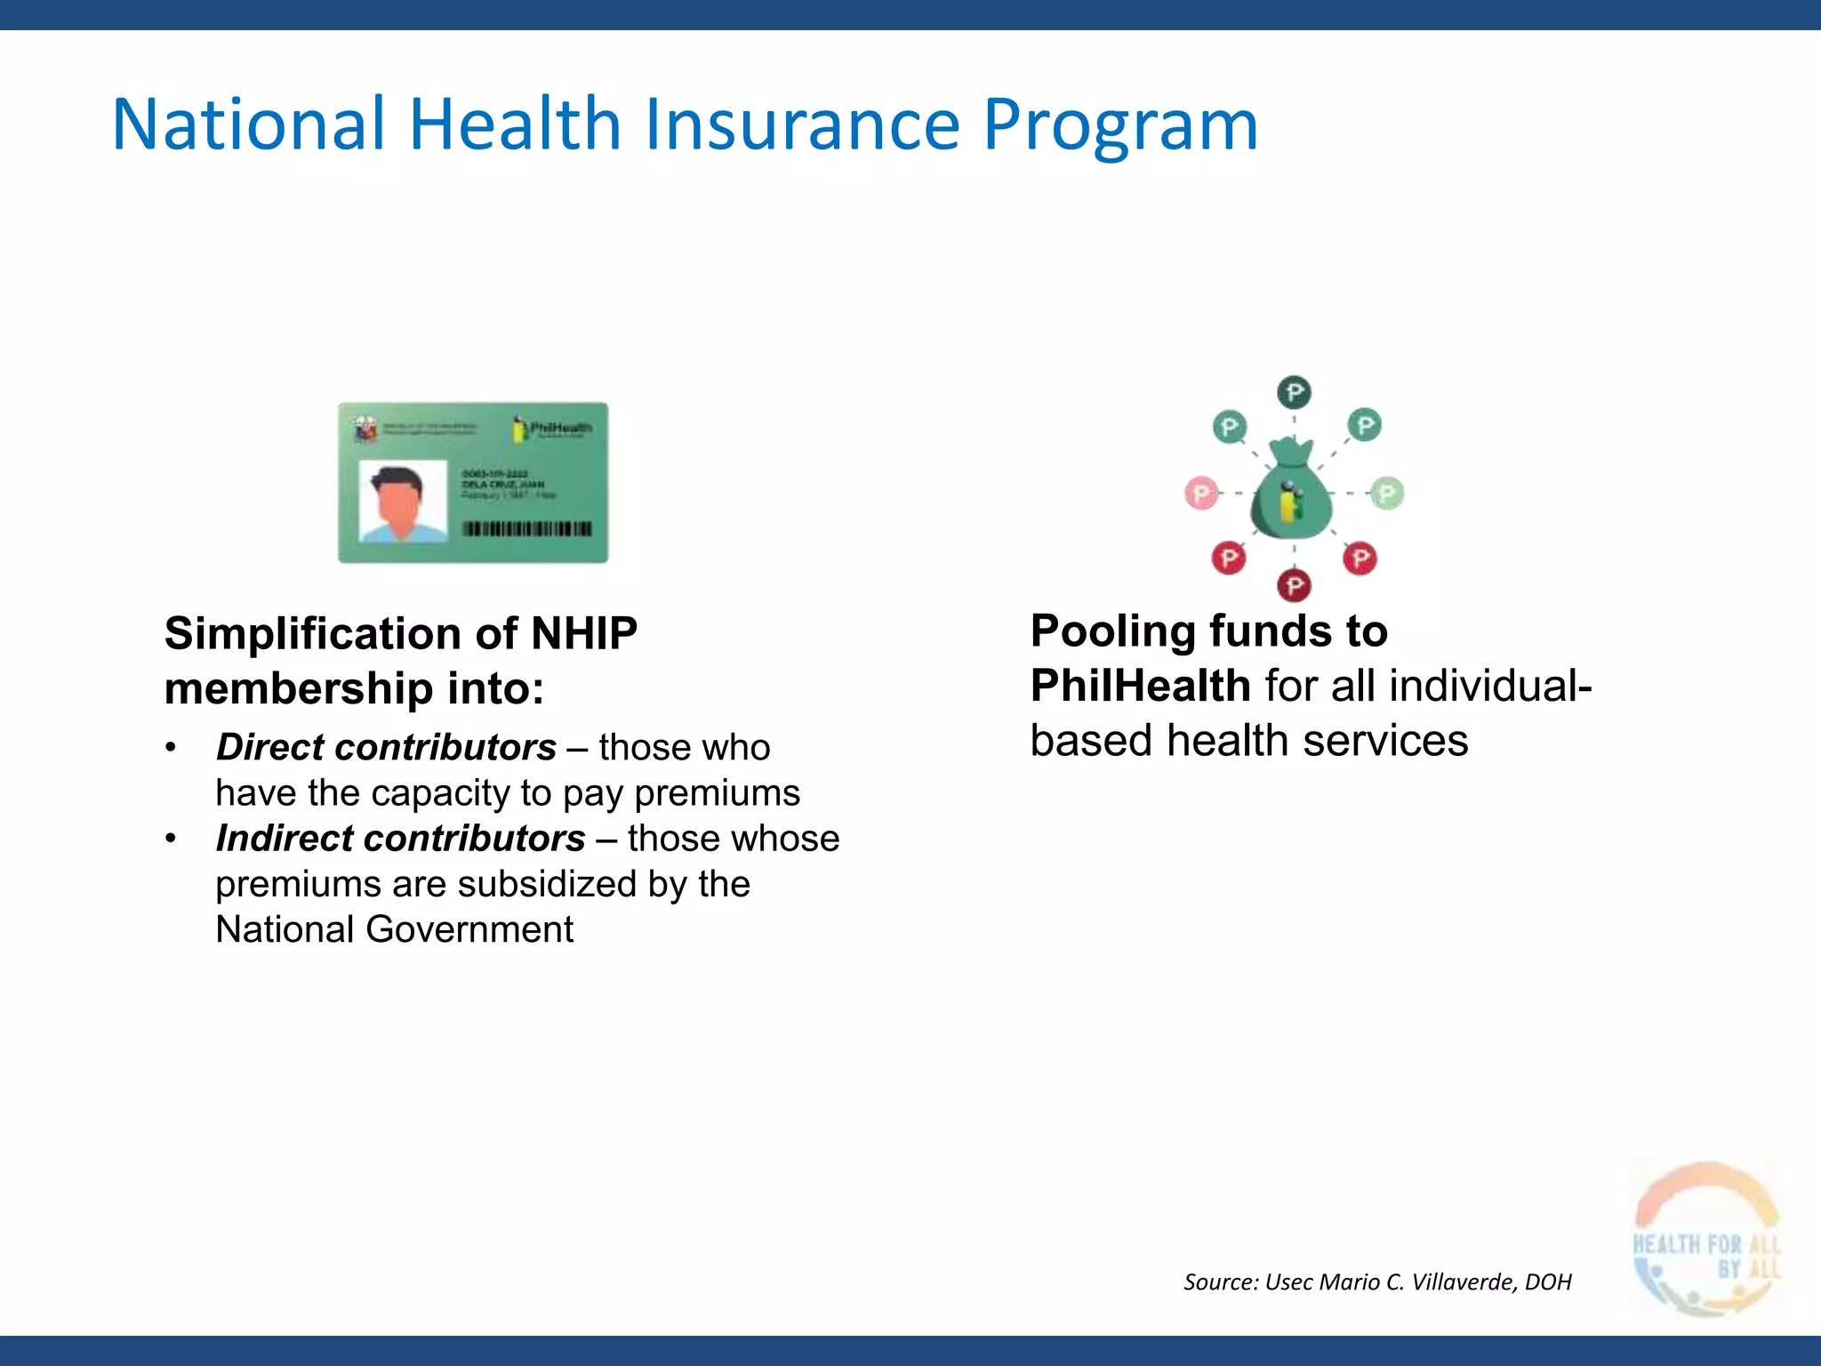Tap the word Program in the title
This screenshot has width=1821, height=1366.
pyautogui.click(x=1120, y=125)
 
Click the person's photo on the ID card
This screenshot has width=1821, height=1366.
pyautogui.click(x=402, y=501)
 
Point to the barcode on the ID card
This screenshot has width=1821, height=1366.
pyautogui.click(x=526, y=529)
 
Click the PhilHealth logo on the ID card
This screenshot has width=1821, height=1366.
pyautogui.click(x=551, y=429)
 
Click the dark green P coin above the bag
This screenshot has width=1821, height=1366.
pyautogui.click(x=1294, y=392)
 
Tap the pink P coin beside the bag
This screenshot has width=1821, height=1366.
pyautogui.click(x=1201, y=493)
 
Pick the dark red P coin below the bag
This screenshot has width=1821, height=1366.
pyautogui.click(x=1294, y=585)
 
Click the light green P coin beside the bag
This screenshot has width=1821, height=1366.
pyautogui.click(x=1386, y=493)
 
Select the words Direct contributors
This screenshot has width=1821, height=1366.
pyautogui.click(x=386, y=747)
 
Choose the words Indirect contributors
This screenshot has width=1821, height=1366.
pyautogui.click(x=400, y=839)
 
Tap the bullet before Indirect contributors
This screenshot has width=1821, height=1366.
pyautogui.click(x=171, y=839)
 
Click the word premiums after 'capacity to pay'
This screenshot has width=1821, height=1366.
pyautogui.click(x=717, y=793)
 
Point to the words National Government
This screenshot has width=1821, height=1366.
pyautogui.click(x=394, y=930)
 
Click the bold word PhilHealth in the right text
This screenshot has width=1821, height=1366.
pyautogui.click(x=1141, y=686)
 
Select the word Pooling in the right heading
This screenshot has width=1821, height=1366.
pyautogui.click(x=1112, y=631)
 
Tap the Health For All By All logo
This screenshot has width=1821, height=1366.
pyautogui.click(x=1706, y=1239)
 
